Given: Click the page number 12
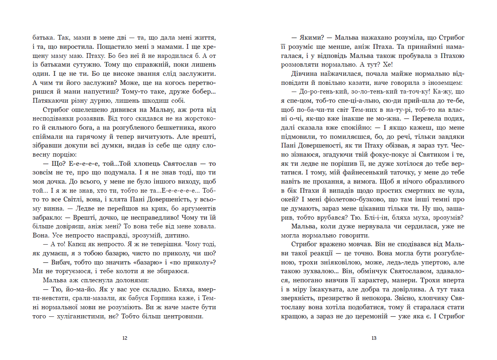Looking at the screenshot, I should pyautogui.click(x=125, y=338).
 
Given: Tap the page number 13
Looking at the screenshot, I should pyautogui.click(x=373, y=338).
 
